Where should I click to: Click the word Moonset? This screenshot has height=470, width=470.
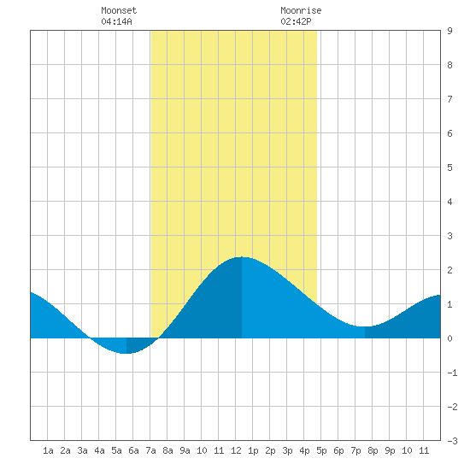pyautogui.click(x=119, y=10)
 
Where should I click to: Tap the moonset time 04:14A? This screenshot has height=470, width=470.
pyautogui.click(x=116, y=21)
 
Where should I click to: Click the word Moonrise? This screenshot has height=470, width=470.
pyautogui.click(x=301, y=10)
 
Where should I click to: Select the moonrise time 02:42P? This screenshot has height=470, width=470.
pyautogui.click(x=296, y=21)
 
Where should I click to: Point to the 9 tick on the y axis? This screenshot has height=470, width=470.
pyautogui.click(x=449, y=31)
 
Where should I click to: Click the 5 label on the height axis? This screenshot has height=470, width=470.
pyautogui.click(x=449, y=167)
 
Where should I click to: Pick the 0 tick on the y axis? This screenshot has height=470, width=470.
pyautogui.click(x=449, y=338)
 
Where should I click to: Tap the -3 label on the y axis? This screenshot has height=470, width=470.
pyautogui.click(x=452, y=441)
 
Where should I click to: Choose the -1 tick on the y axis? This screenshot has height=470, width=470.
pyautogui.click(x=452, y=373)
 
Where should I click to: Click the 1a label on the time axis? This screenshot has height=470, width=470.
pyautogui.click(x=48, y=450)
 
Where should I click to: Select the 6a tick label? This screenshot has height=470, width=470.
pyautogui.click(x=133, y=450)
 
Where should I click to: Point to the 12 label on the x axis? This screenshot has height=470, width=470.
pyautogui.click(x=236, y=450)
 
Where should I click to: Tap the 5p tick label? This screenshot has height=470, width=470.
pyautogui.click(x=321, y=450)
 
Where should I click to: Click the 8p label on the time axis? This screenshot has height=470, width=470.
pyautogui.click(x=373, y=450)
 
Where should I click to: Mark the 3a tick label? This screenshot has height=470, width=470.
pyautogui.click(x=82, y=450)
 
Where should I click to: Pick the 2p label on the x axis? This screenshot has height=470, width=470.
pyautogui.click(x=270, y=450)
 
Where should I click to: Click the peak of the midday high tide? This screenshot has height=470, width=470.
pyautogui.click(x=242, y=257)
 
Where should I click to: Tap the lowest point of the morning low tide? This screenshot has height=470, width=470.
pyautogui.click(x=126, y=354)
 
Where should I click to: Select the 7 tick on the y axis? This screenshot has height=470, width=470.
pyautogui.click(x=449, y=99)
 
